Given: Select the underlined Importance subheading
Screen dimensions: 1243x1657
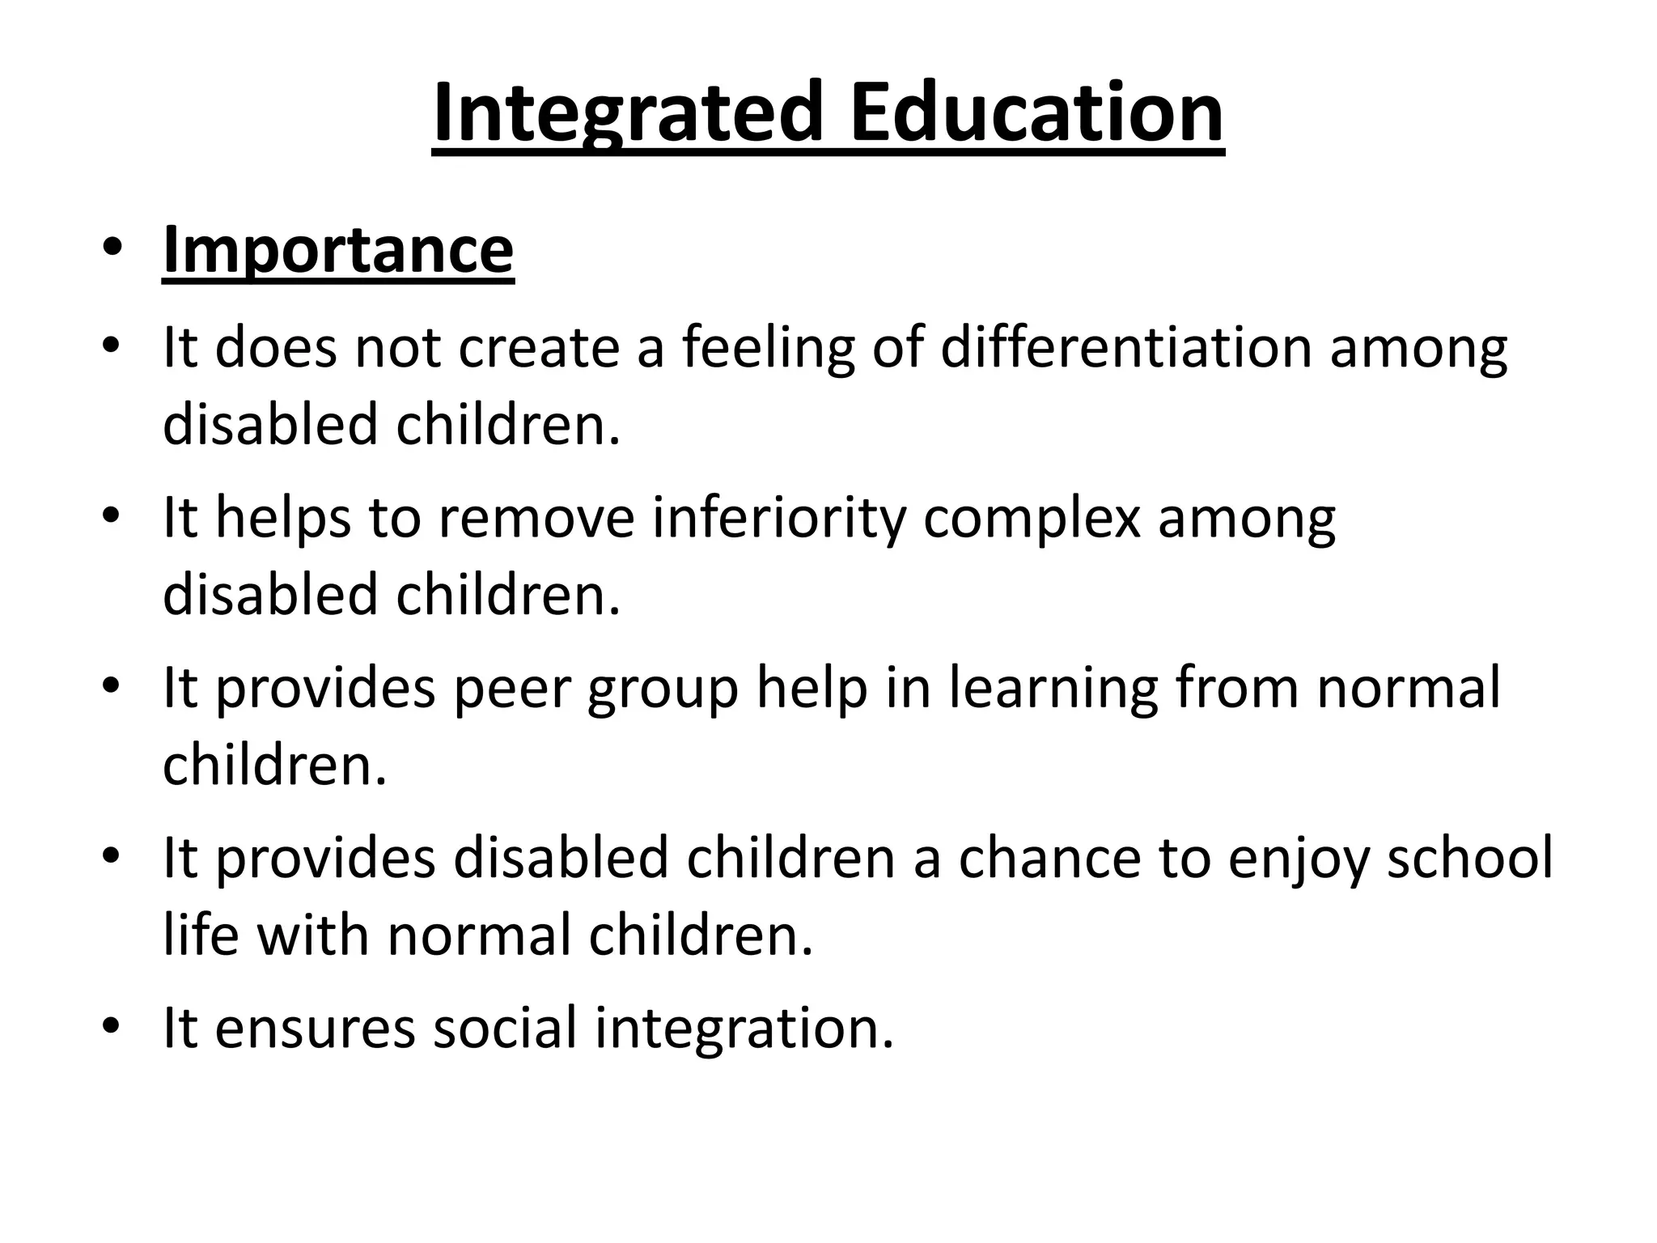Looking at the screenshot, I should coord(337,249).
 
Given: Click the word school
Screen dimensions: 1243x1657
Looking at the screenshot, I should coord(1470,857).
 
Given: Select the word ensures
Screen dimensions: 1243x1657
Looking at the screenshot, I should coord(315,1028).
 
